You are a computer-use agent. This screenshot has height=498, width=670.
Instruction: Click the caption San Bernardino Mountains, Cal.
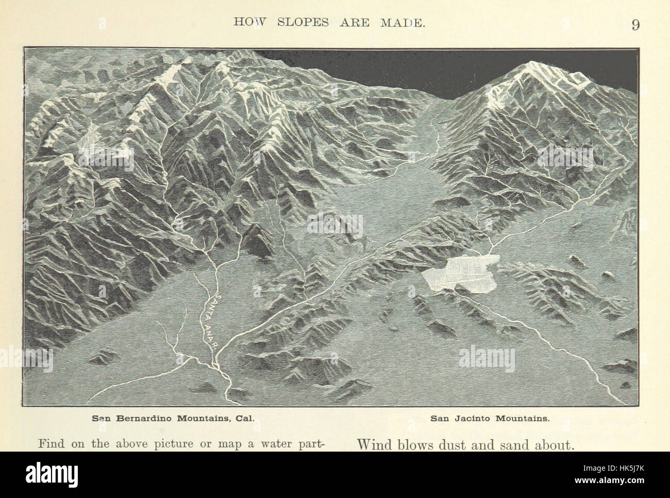[x=173, y=418]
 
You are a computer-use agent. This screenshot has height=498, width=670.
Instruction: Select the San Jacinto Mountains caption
[x=490, y=418]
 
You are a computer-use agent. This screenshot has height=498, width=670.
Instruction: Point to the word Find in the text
[x=52, y=444]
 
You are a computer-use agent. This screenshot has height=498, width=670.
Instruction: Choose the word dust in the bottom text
[x=456, y=444]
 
